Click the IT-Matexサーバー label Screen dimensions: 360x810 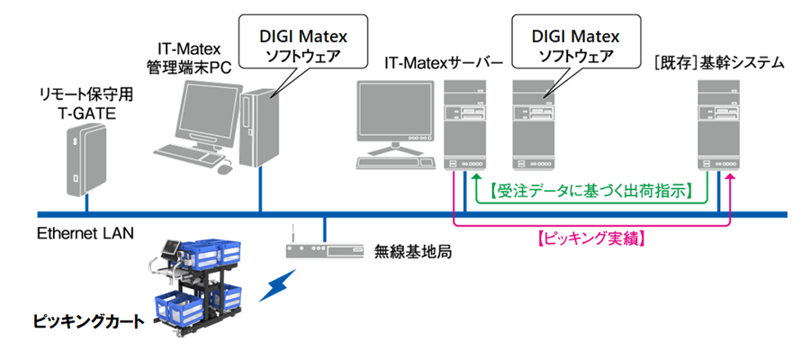click(442, 64)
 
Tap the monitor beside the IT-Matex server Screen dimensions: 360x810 click(395, 113)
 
